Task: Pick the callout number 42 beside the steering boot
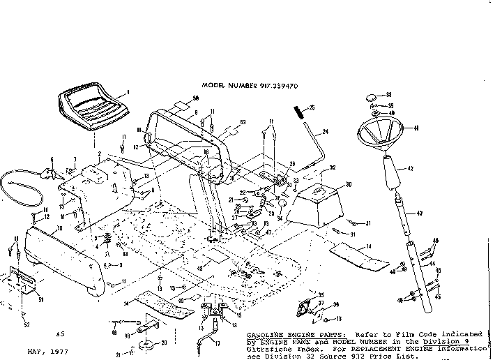coord(411,169)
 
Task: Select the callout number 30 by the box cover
coord(348,184)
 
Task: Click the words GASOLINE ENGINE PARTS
coord(282,335)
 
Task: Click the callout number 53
coord(243,123)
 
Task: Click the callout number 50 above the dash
coord(196,99)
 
